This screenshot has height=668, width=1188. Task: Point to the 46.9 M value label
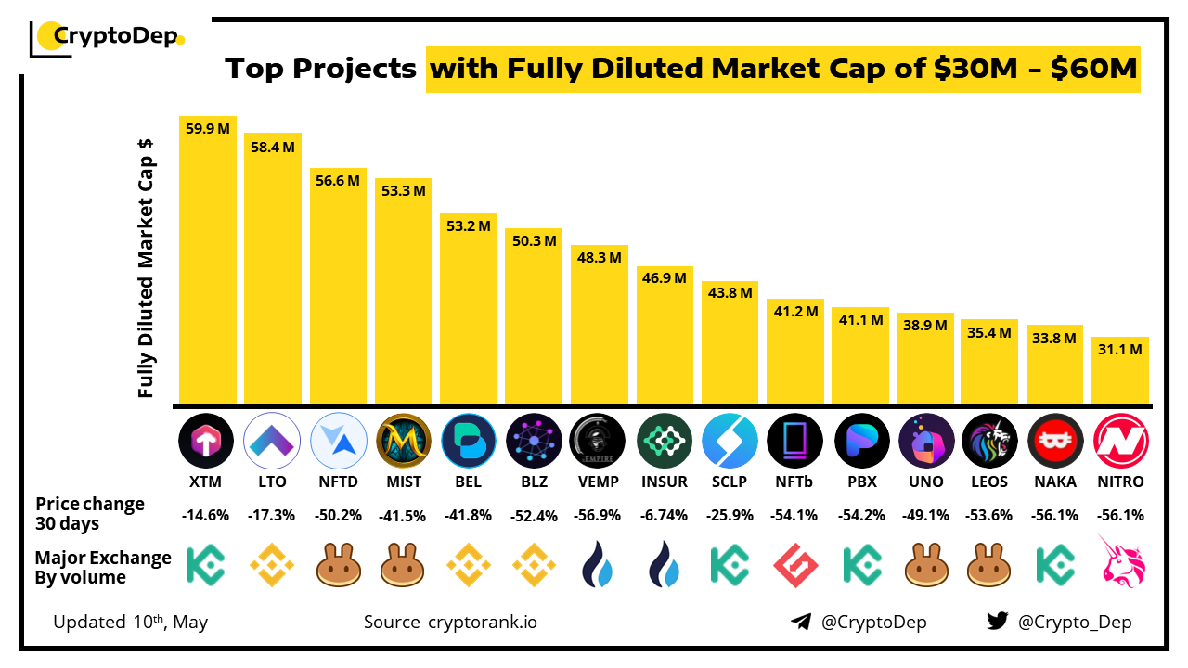665,277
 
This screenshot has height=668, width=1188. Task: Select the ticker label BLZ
534,482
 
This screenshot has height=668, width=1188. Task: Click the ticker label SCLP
730,482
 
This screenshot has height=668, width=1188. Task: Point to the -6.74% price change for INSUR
665,516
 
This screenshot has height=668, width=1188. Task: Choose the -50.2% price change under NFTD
338,516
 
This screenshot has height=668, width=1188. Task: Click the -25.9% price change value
730,516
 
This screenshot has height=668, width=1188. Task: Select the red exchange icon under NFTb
794,564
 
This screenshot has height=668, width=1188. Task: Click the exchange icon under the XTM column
206,564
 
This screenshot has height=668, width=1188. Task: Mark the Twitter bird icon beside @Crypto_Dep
998,622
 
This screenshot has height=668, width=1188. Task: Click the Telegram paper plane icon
801,622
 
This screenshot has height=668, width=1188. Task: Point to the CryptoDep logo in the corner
107,37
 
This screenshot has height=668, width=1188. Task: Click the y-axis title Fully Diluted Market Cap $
146,269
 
